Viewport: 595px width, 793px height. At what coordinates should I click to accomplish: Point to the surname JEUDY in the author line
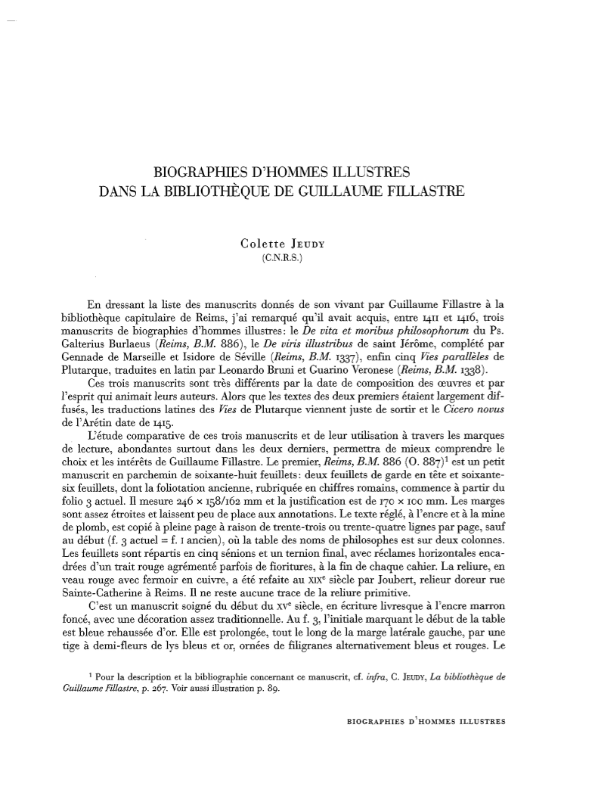click(321, 244)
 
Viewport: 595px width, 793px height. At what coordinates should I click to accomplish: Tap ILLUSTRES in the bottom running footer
click(478, 720)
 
